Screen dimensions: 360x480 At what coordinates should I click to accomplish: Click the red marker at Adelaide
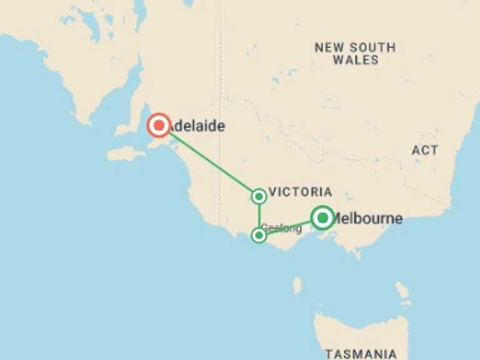pos(159,126)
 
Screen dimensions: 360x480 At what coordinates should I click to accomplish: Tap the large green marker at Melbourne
pos(322,217)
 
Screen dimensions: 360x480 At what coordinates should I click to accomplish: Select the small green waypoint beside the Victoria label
pos(259,196)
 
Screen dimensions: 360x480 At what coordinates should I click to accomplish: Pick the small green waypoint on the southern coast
pos(259,235)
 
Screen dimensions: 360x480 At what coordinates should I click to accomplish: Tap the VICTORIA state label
pos(300,192)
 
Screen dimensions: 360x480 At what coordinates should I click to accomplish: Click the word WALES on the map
pos(356,61)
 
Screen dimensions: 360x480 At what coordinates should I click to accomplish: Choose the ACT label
pos(425,151)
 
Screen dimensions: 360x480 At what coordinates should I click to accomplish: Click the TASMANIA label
pos(361,353)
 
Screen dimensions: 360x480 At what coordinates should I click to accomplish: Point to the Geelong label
pos(282,229)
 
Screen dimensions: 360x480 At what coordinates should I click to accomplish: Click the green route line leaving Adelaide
pos(209,161)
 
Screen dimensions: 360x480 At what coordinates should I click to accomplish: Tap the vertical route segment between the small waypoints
pos(259,216)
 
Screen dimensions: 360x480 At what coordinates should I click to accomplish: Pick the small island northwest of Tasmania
pos(297,285)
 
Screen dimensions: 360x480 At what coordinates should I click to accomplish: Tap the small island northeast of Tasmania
pos(402,290)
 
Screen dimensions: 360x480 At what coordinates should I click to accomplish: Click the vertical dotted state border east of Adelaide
pos(220,75)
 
